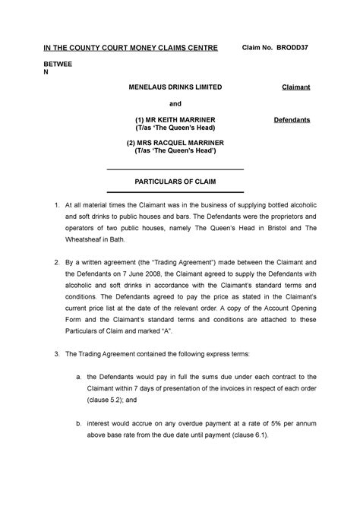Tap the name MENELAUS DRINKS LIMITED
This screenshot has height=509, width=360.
pyautogui.click(x=175, y=87)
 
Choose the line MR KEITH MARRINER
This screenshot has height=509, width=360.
pyautogui.click(x=180, y=120)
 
